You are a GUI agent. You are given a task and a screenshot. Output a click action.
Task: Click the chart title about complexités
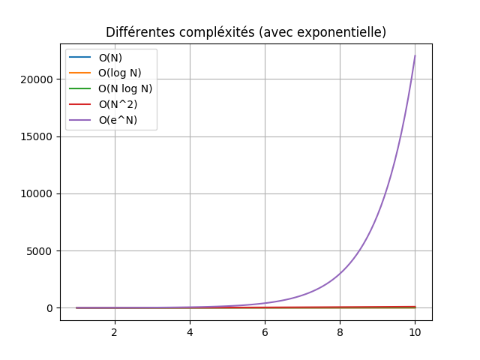click(x=246, y=32)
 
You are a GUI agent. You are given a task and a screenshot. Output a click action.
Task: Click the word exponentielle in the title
click(x=346, y=32)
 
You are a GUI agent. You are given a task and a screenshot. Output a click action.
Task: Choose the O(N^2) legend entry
click(x=118, y=104)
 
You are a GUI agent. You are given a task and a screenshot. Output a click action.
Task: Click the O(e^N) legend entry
click(x=118, y=119)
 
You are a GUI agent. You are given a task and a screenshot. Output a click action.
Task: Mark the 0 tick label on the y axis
click(x=50, y=308)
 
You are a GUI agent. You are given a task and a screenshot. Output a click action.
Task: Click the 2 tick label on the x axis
click(x=115, y=331)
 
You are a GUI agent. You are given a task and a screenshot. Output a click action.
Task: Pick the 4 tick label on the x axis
click(x=190, y=331)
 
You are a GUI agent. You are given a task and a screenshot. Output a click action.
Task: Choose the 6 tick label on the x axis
click(x=265, y=331)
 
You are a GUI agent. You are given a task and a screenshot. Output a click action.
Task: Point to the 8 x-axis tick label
click(x=340, y=331)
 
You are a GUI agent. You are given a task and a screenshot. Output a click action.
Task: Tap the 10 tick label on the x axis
click(x=415, y=331)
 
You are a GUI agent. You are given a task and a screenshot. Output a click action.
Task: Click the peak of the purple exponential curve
click(x=415, y=55)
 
